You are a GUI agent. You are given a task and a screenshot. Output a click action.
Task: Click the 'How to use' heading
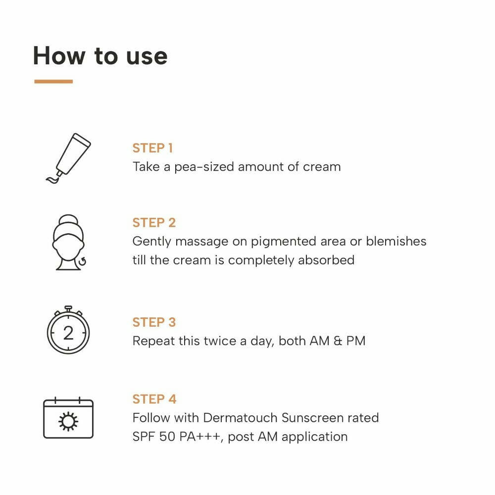click(x=100, y=55)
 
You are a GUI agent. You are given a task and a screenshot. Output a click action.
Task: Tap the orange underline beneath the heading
click(x=53, y=81)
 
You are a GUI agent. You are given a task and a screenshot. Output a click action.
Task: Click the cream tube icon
click(x=68, y=158)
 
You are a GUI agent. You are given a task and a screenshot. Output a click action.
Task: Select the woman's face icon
click(x=68, y=243)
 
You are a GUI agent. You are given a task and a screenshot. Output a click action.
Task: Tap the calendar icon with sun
click(x=68, y=418)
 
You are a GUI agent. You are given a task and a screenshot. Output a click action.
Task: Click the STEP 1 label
click(x=152, y=148)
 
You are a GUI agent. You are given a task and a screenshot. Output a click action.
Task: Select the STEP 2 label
click(x=154, y=223)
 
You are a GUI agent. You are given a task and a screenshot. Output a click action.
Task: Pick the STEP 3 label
click(x=154, y=322)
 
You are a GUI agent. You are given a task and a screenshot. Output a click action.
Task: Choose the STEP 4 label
click(x=154, y=399)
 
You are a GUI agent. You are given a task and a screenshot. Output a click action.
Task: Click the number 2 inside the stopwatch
click(x=68, y=333)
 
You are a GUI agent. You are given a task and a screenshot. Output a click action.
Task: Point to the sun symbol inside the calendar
click(x=68, y=421)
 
